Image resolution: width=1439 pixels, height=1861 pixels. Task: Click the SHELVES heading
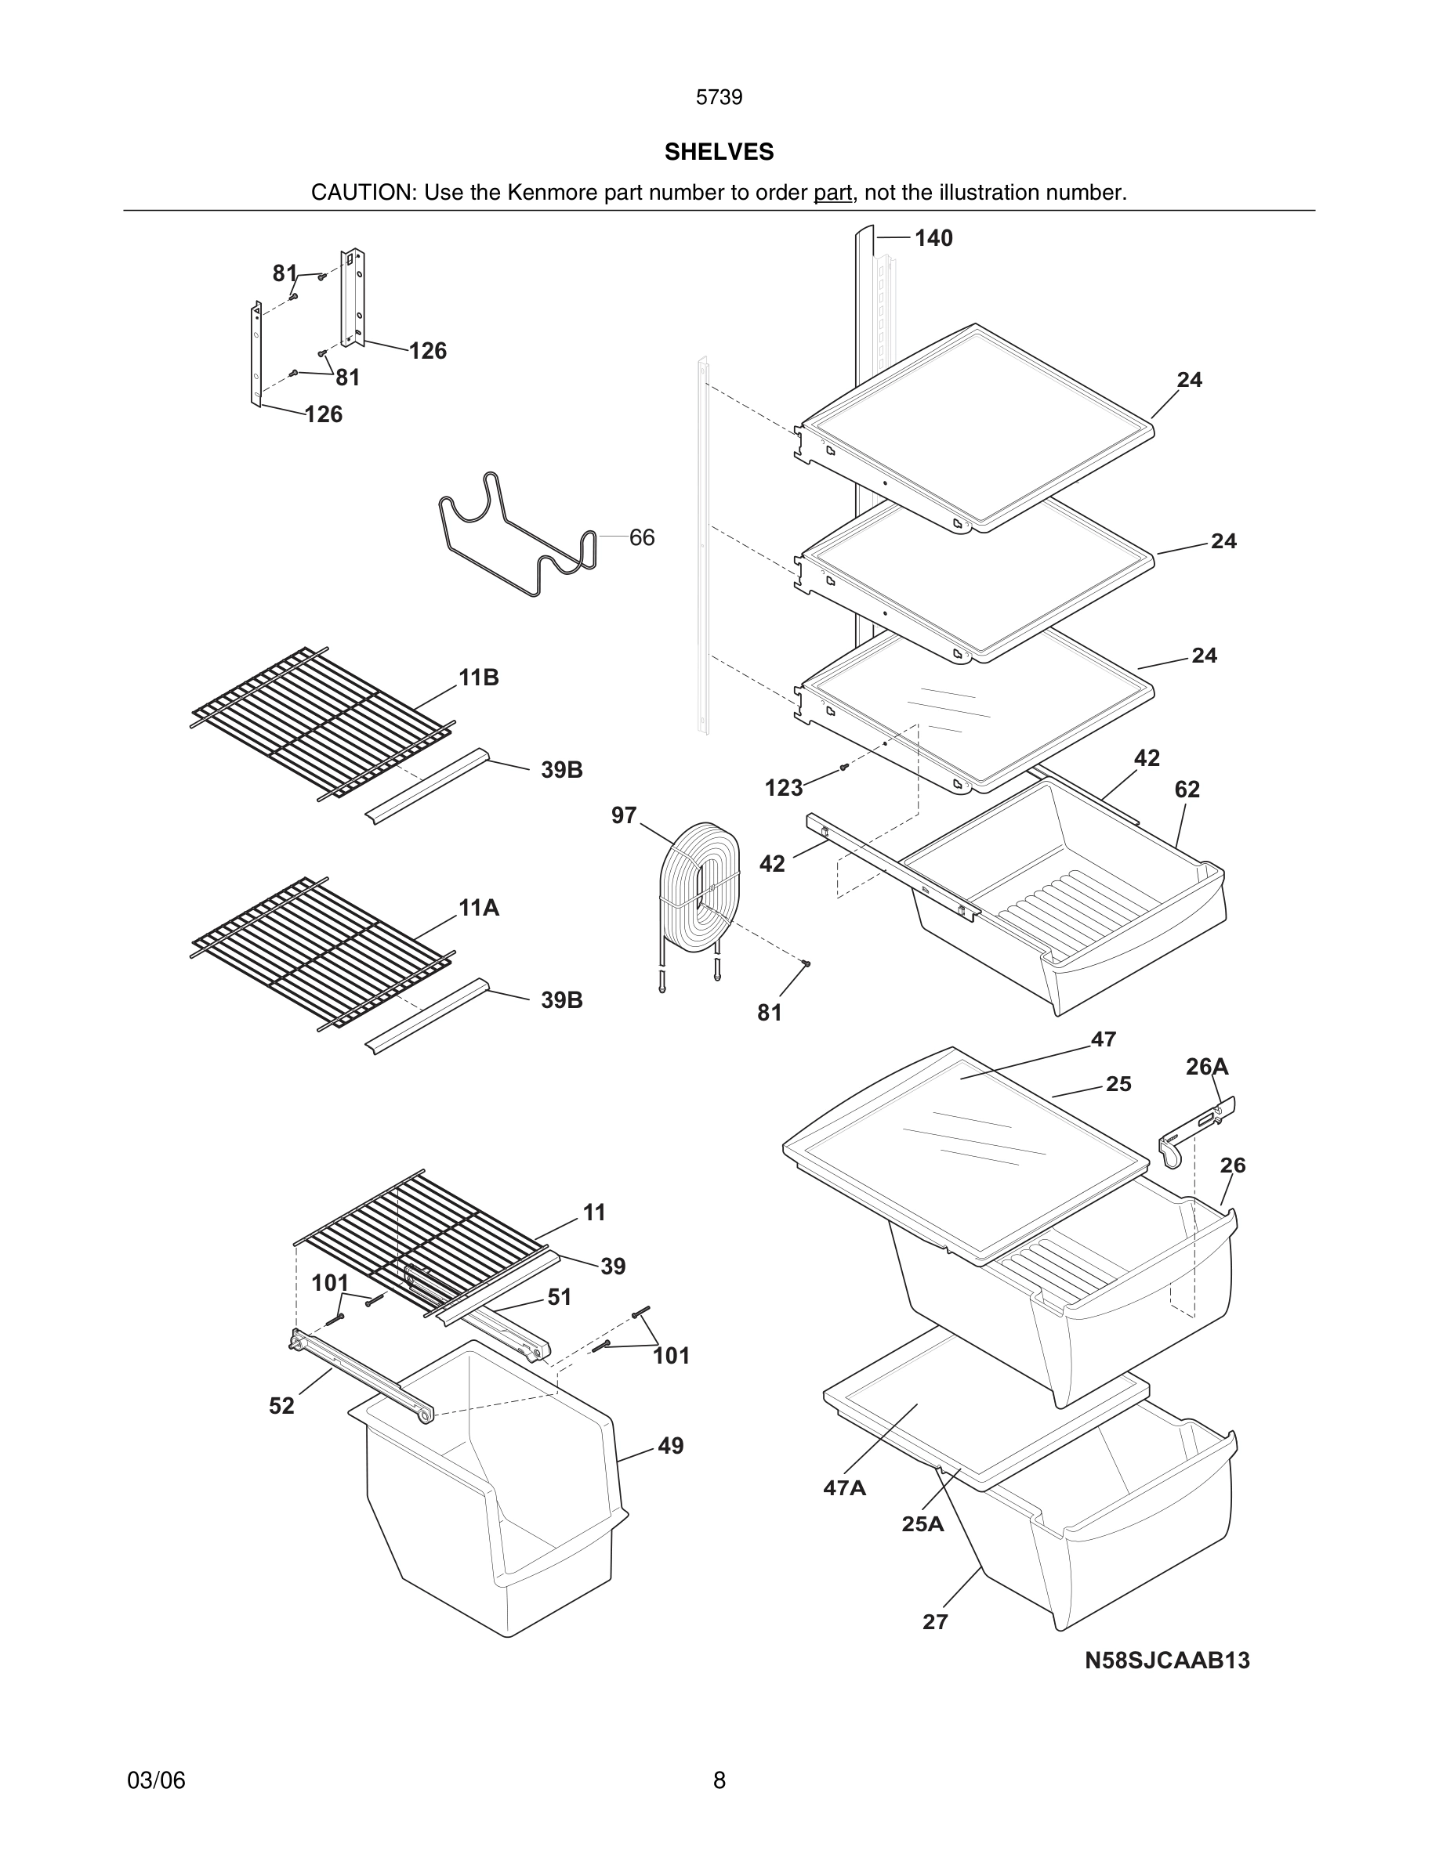(x=719, y=152)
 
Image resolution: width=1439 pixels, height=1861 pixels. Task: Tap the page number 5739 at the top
(x=719, y=98)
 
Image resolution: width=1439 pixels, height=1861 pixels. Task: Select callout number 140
(x=933, y=239)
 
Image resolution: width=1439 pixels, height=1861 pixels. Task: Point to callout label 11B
(x=478, y=678)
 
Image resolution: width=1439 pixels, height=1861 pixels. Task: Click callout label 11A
(x=478, y=909)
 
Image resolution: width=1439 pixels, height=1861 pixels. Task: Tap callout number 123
(x=784, y=788)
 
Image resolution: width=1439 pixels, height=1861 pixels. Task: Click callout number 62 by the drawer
(x=1187, y=790)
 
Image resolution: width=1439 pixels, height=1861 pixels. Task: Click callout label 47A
(x=844, y=1487)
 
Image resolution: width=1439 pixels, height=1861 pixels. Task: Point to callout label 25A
(x=922, y=1524)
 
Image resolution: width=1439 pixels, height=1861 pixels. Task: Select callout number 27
(x=935, y=1622)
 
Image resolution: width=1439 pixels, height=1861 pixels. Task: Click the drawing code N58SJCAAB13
(x=1167, y=1660)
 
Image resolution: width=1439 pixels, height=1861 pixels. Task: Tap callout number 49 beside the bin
(x=670, y=1446)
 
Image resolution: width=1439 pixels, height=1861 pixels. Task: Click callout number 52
(x=281, y=1406)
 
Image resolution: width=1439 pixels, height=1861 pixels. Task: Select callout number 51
(x=560, y=1297)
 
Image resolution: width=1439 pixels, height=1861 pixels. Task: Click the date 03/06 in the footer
(x=156, y=1780)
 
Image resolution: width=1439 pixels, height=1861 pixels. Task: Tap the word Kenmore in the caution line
(x=553, y=193)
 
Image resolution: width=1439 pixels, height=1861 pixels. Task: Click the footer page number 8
(x=719, y=1780)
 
